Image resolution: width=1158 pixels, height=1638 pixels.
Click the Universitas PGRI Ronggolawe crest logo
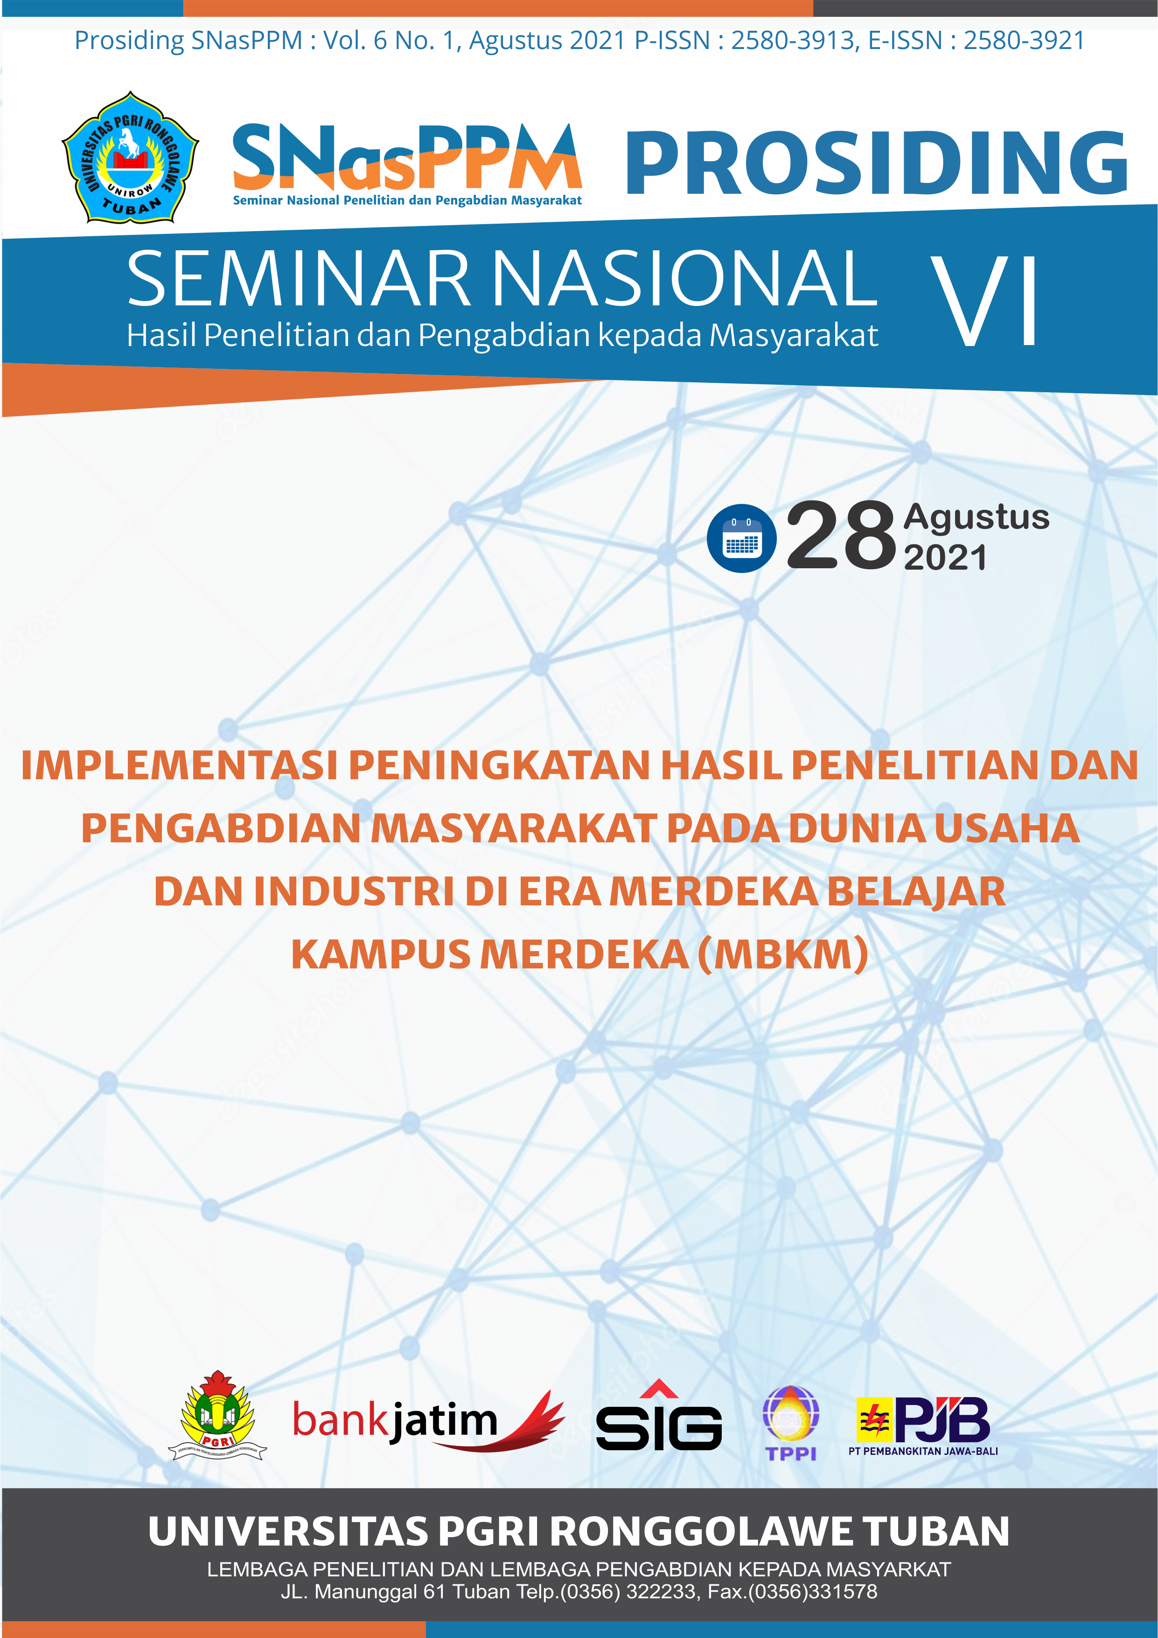[131, 157]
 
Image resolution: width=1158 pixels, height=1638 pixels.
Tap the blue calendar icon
[741, 539]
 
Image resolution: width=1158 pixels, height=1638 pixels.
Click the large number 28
[841, 535]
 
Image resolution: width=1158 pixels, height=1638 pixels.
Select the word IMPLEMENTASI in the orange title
[179, 765]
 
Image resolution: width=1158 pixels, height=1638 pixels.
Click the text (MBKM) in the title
[782, 954]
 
